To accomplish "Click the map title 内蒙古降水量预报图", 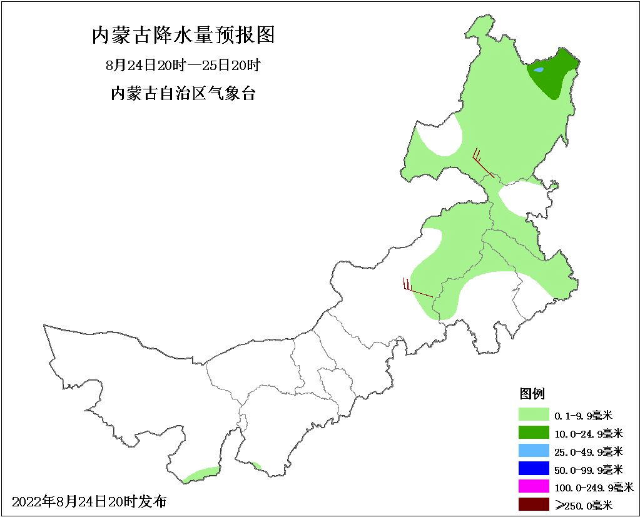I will coord(183,36).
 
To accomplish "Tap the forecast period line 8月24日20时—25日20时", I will coord(183,65).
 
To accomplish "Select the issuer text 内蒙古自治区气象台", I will coord(183,94).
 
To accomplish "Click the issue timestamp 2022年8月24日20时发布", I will coord(89,501).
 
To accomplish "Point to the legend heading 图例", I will coord(532,394).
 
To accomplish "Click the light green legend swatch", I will coord(533,414).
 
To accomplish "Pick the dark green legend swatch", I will coord(533,432).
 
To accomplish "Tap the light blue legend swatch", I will coord(533,450).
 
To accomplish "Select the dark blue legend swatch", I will coord(533,468).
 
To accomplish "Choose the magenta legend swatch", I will coord(533,486).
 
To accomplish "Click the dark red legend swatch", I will coord(533,504).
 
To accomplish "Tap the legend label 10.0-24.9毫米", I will coord(588,433).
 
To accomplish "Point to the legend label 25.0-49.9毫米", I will coord(588,451).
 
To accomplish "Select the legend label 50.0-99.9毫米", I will coord(588,469).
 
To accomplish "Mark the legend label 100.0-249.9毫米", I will coord(593,487).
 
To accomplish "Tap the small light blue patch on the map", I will coord(539,69).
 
